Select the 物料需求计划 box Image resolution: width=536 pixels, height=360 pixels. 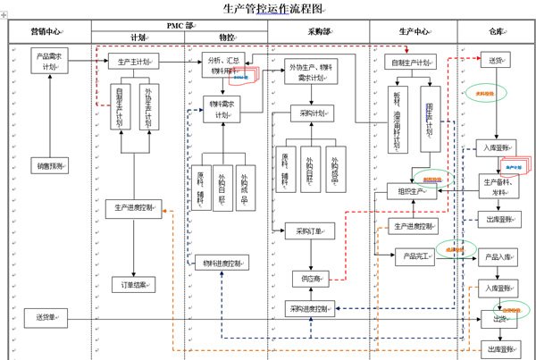tap(220, 108)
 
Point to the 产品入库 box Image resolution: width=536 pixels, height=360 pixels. tap(498, 257)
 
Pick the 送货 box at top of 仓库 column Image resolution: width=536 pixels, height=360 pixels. tap(495, 62)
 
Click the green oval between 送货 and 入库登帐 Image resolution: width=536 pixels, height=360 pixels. tap(484, 94)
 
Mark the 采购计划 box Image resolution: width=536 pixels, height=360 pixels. tap(314, 113)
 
